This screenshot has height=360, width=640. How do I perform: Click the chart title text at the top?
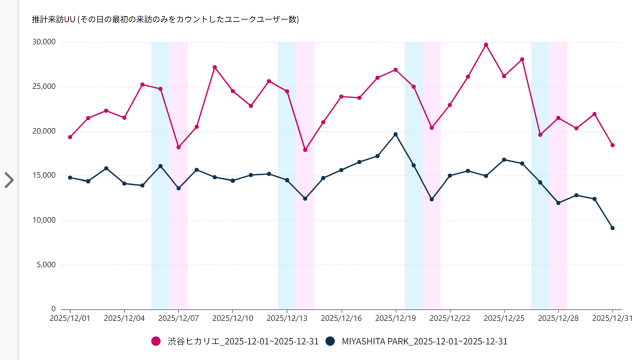click(x=165, y=19)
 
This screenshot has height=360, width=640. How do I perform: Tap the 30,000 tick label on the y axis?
click(x=43, y=42)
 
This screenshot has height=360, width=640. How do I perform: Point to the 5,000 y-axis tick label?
click(x=45, y=264)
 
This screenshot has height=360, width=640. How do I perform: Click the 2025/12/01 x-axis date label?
click(x=69, y=318)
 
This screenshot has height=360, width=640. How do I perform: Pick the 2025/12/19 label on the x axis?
click(x=395, y=318)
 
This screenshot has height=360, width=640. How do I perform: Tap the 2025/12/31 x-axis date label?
click(x=613, y=318)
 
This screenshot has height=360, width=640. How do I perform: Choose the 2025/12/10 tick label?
click(x=232, y=318)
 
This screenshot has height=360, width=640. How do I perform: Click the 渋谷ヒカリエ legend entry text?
click(x=242, y=341)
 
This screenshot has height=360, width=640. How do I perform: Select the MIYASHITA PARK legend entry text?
click(x=424, y=341)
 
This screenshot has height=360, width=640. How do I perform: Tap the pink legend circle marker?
click(x=156, y=341)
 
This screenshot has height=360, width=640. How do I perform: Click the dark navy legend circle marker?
click(x=330, y=341)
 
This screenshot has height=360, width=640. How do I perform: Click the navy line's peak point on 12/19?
click(x=395, y=134)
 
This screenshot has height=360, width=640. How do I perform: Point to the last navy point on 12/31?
click(x=612, y=228)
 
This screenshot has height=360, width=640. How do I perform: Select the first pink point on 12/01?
click(x=70, y=137)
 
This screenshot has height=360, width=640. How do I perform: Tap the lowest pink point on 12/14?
click(x=305, y=150)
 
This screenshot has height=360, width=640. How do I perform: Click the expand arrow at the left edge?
click(x=8, y=180)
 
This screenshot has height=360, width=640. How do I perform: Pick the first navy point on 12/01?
click(x=70, y=177)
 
